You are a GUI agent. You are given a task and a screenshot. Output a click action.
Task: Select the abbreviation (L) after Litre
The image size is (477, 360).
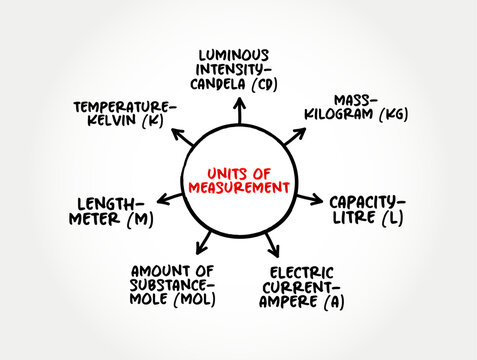click(393, 217)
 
